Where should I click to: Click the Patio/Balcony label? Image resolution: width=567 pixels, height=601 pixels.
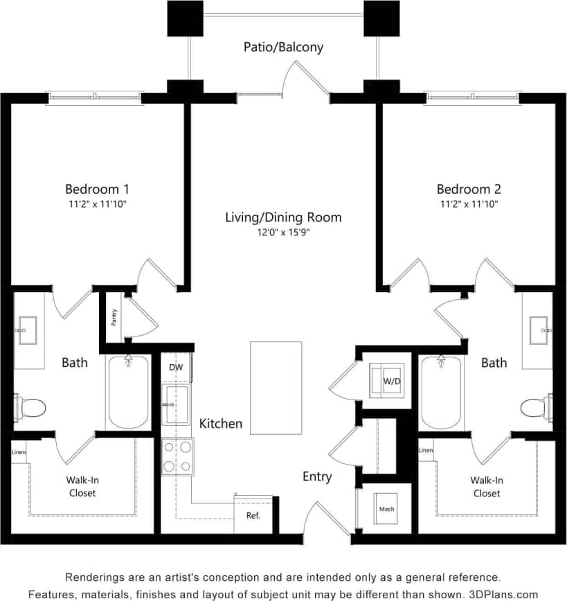[283, 48]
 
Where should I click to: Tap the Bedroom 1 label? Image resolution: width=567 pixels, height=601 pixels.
[97, 189]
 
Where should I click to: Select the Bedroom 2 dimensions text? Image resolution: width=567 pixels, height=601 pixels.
[468, 204]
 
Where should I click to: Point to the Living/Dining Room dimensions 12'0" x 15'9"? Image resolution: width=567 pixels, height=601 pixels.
[283, 233]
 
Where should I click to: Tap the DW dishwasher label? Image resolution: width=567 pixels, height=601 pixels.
[177, 367]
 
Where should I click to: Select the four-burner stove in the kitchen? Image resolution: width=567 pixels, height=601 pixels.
[177, 457]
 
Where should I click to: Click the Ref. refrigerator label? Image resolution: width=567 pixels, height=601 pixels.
[253, 516]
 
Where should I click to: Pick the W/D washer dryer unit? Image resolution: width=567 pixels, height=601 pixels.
[385, 380]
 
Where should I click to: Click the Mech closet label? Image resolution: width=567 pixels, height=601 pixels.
[386, 510]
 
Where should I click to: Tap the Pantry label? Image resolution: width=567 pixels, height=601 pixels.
[114, 317]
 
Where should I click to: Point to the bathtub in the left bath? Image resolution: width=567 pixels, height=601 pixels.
[128, 392]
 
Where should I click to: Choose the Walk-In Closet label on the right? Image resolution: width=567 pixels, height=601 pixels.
[487, 487]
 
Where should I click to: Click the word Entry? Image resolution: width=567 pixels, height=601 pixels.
[317, 476]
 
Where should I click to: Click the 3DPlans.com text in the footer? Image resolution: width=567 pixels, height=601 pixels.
[505, 594]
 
